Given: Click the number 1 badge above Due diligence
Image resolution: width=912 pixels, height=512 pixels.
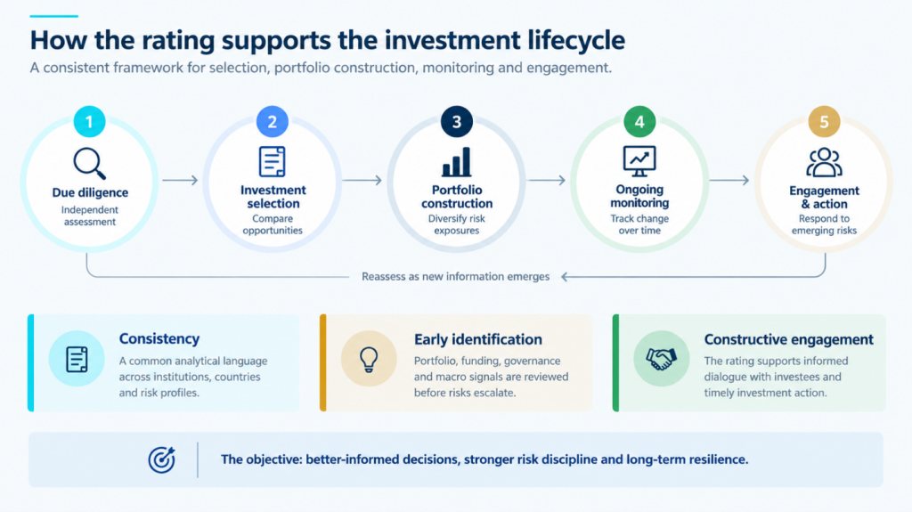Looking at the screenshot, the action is [x=89, y=122].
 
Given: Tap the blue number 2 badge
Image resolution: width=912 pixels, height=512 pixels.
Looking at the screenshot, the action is [x=273, y=122].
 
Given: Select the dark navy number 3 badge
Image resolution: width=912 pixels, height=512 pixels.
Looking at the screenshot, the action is [x=457, y=122].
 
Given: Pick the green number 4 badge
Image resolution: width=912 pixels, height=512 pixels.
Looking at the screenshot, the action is [x=639, y=122].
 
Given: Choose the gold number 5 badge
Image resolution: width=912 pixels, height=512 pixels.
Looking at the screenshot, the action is [x=824, y=122].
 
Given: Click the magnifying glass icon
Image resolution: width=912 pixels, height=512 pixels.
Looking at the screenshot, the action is [x=90, y=164].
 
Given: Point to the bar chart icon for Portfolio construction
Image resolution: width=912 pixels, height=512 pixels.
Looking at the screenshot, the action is [x=457, y=162].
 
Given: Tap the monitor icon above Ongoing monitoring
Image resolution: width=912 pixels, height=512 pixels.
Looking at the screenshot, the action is [x=639, y=161].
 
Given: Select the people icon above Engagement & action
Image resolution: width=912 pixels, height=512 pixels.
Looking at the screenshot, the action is [x=824, y=162].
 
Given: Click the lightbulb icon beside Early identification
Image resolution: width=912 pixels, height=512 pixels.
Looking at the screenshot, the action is [x=369, y=359].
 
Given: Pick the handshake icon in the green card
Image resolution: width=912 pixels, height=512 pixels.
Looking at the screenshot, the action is [x=662, y=358].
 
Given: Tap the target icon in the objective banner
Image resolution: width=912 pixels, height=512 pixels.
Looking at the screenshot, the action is [x=162, y=459].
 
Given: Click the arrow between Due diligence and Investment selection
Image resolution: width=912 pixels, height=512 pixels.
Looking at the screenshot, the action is [x=180, y=181].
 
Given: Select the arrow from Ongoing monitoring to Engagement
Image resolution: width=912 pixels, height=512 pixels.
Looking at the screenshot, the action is [x=729, y=181].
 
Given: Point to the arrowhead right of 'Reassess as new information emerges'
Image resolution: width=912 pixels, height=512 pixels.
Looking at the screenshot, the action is [x=565, y=277].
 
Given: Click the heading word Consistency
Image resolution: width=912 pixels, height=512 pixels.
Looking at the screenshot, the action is [x=159, y=338].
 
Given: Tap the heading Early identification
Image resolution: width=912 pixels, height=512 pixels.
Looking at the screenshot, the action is [x=478, y=339].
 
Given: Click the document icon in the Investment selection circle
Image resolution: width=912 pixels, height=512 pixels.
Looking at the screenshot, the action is [x=273, y=161].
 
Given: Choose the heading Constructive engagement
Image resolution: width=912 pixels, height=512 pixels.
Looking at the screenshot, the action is [x=789, y=339].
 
